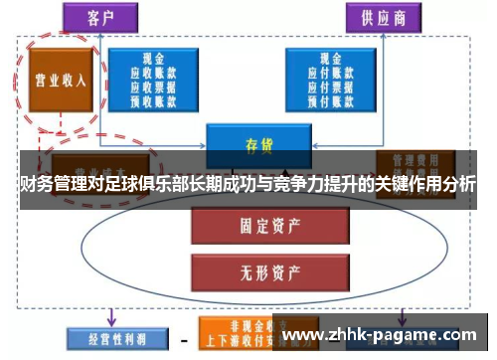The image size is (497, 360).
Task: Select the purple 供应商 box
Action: [383, 18]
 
